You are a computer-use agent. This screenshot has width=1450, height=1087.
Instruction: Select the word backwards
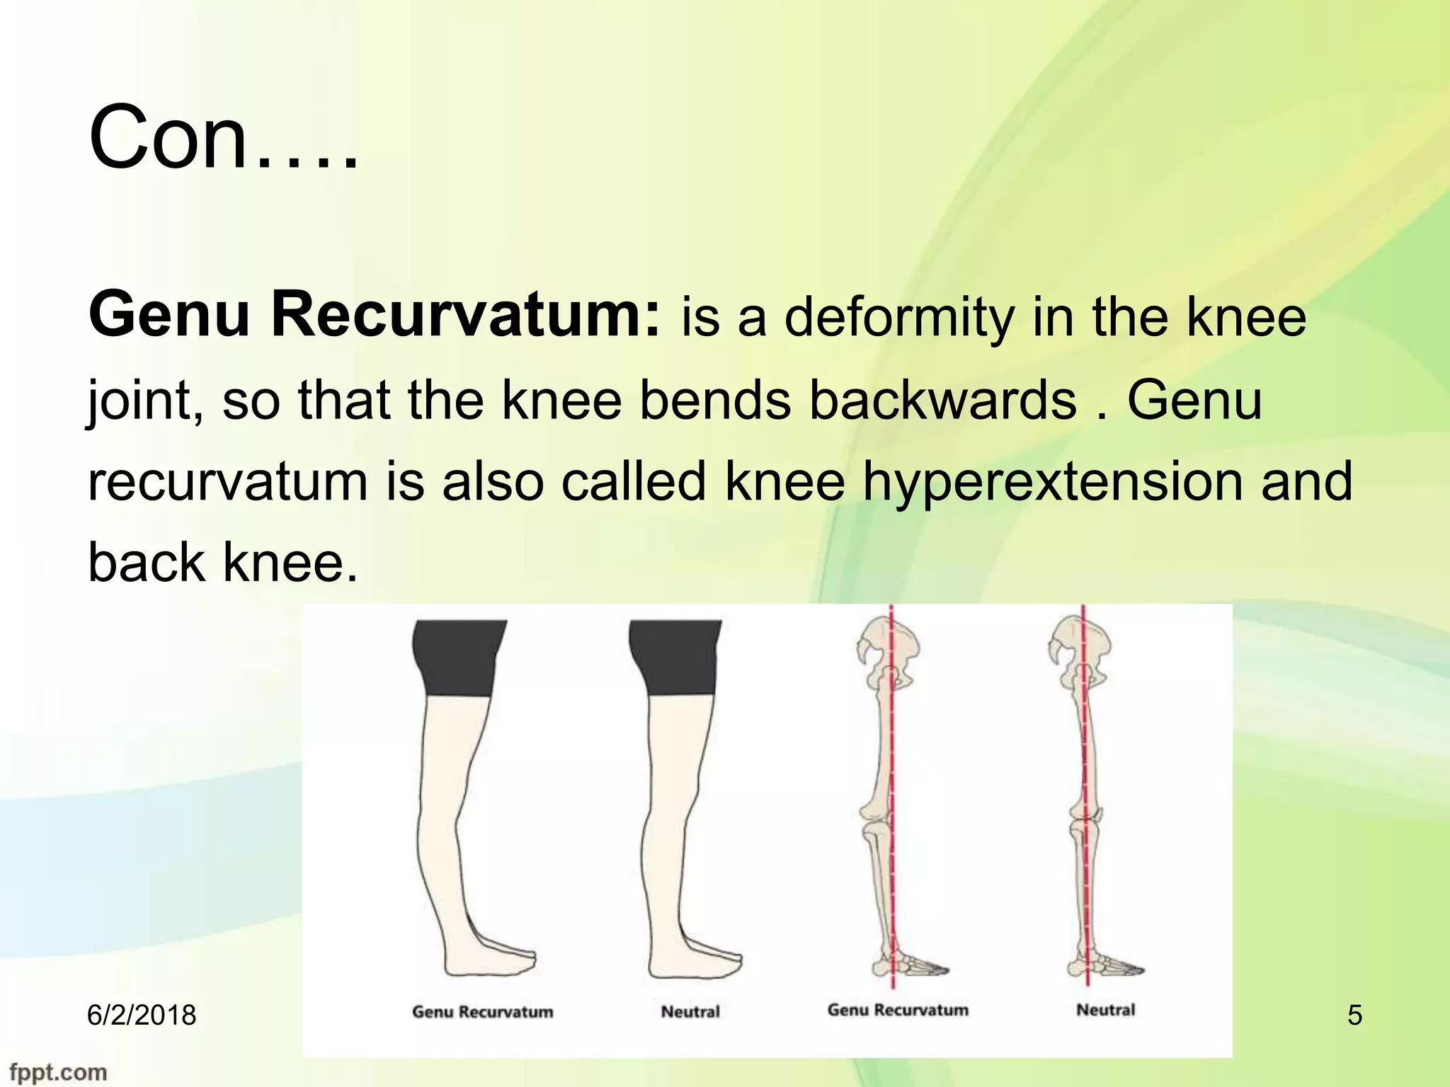click(942, 401)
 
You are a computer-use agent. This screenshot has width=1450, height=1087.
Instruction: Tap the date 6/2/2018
click(142, 1015)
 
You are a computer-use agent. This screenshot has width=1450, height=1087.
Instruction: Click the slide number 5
click(1354, 1016)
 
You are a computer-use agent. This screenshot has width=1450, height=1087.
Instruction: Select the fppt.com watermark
click(59, 1072)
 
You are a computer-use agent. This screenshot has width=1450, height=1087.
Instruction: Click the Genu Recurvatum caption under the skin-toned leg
click(482, 1012)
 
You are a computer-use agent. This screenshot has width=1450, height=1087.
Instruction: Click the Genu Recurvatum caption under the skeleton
click(898, 1010)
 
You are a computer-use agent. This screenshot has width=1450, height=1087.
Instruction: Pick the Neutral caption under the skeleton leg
click(1105, 1010)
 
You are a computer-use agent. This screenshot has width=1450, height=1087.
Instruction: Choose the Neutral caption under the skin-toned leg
click(690, 1012)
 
